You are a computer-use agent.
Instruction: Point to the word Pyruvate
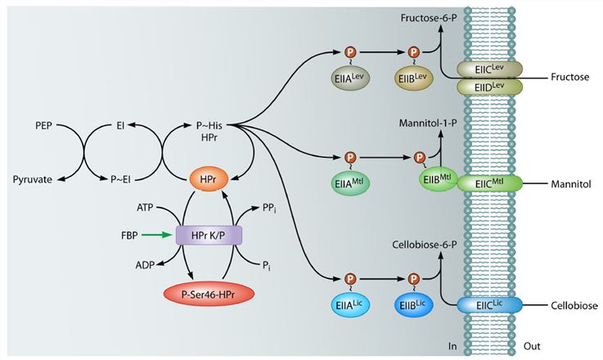coord(38,178)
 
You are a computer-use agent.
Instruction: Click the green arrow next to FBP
coord(153,235)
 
